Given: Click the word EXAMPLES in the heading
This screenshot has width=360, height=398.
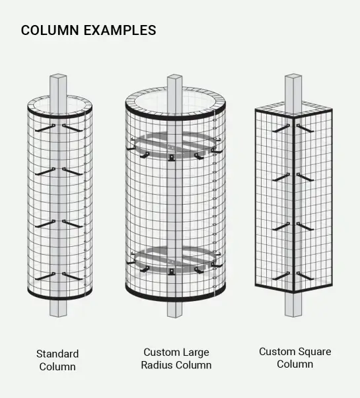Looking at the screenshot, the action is (120, 30).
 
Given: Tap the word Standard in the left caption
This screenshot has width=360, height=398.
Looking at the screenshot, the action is (57, 354).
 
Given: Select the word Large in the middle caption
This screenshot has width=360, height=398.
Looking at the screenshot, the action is (197, 353).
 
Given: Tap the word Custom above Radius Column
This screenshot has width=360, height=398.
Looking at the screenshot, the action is (162, 352).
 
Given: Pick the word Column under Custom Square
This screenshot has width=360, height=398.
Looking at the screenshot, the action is (295, 364).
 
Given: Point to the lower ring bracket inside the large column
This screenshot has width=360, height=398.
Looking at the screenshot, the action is (175, 259).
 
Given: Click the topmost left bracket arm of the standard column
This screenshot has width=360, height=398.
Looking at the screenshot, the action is (45, 128).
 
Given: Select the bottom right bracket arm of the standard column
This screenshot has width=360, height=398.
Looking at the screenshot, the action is (73, 276).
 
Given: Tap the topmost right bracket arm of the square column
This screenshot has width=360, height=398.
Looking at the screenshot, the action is (305, 128).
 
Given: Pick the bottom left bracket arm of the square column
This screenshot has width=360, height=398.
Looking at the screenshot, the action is (281, 276).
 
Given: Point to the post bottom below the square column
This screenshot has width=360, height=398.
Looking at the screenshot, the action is (293, 306).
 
